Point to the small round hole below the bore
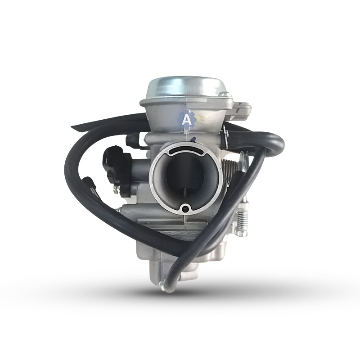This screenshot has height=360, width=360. (185, 209)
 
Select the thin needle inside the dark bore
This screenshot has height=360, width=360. (185, 195)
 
